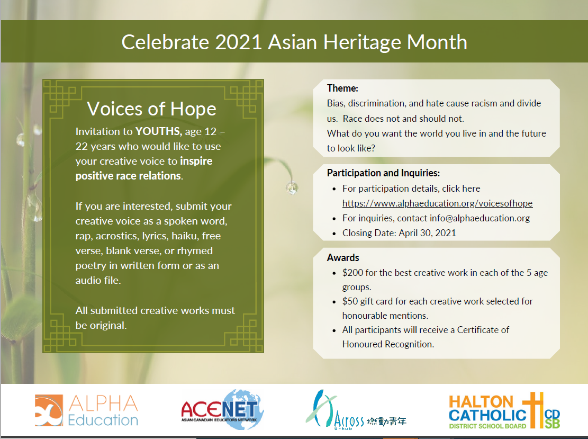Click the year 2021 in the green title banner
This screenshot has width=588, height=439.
[x=238, y=42]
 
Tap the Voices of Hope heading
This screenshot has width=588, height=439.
[x=151, y=109]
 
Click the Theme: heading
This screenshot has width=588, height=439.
[x=342, y=88]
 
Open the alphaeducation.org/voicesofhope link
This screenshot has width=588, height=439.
[x=437, y=203]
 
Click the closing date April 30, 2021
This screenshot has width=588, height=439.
[x=427, y=233]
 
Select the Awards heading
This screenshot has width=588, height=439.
[x=343, y=258]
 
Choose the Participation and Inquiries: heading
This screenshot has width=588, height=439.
[x=383, y=173]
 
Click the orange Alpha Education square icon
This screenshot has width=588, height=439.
[x=49, y=410]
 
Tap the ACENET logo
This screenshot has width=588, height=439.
[x=222, y=409]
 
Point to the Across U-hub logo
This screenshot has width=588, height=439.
[x=356, y=410]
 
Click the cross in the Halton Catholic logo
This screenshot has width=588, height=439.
[x=533, y=410]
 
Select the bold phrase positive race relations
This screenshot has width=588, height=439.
[x=128, y=176]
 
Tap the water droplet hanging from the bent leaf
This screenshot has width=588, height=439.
[x=292, y=187]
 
